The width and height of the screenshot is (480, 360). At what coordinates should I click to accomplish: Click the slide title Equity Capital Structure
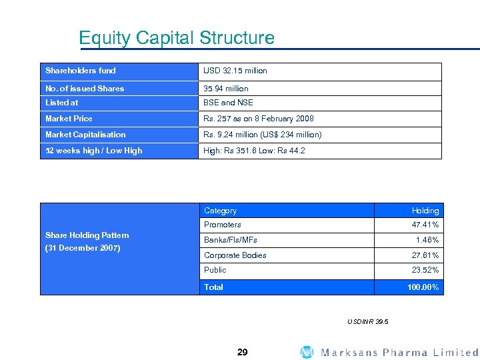click(176, 38)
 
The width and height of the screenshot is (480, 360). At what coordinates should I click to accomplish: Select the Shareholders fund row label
click(81, 71)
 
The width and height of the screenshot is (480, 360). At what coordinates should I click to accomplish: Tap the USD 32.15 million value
click(235, 71)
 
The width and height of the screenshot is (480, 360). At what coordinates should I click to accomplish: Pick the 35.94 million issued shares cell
click(226, 89)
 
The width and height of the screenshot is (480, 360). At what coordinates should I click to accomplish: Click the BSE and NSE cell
click(229, 103)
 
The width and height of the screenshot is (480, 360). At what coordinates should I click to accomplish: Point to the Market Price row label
click(69, 119)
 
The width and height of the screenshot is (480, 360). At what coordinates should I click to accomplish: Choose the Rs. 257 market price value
click(259, 119)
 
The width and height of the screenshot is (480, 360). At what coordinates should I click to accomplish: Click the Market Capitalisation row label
click(85, 135)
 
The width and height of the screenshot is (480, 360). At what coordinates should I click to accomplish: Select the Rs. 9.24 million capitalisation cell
click(263, 135)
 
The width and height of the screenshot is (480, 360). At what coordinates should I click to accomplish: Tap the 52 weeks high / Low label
click(94, 151)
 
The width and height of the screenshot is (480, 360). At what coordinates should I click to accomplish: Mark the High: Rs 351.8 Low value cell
click(255, 151)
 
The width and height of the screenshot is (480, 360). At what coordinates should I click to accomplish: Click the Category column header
click(220, 211)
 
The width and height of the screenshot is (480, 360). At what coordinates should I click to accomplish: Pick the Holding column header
click(425, 211)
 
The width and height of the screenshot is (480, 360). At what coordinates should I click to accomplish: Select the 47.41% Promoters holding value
click(425, 225)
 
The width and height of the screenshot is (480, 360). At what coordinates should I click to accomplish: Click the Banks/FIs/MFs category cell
click(231, 240)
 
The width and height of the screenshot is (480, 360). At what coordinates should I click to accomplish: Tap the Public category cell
click(215, 270)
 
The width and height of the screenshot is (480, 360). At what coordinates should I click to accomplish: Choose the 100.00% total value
click(423, 287)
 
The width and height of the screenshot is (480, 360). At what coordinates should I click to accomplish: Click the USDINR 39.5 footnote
click(368, 322)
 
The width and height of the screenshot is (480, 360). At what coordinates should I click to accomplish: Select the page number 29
click(242, 352)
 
